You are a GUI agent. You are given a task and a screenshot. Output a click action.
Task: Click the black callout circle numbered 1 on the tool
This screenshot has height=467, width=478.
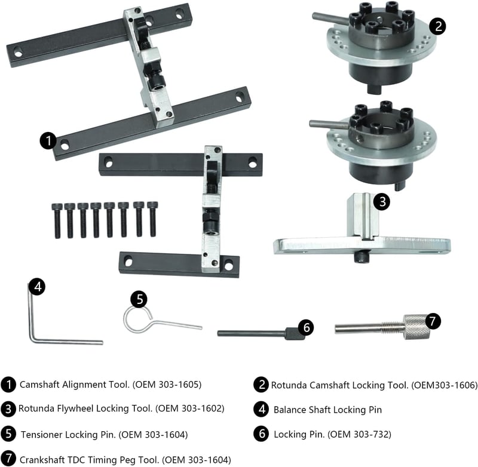tap(48, 141)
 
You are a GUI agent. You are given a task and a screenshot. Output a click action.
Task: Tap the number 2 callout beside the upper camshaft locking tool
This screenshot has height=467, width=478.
tap(438, 26)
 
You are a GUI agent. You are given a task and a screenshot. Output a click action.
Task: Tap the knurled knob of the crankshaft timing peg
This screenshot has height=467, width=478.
tap(417, 327)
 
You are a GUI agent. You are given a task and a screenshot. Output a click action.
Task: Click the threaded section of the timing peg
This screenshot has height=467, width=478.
tap(393, 327)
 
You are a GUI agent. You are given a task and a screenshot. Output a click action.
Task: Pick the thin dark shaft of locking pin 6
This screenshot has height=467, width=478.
tap(252, 334)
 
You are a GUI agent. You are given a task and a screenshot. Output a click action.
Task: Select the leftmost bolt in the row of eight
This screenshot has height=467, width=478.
tap(57, 220)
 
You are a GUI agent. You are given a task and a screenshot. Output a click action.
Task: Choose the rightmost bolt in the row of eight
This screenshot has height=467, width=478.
tap(153, 219)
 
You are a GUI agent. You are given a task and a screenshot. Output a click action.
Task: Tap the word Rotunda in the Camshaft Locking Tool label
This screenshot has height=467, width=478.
tap(289, 385)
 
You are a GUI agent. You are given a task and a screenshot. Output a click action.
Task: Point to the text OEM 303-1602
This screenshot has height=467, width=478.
tap(189, 408)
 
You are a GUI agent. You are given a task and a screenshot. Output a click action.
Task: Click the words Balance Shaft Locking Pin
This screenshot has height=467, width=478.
tap(327, 410)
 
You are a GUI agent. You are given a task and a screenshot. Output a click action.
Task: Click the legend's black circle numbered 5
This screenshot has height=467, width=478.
tap(8, 434)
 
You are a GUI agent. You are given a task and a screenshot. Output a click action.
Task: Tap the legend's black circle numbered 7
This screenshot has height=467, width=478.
tap(8, 459)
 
